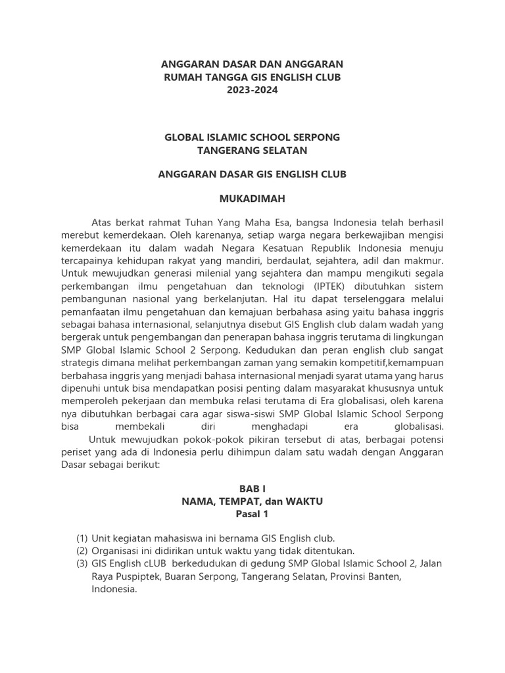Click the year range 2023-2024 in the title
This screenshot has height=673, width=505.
252,90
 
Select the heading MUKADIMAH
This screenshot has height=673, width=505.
252,198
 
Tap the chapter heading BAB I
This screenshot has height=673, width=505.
252,488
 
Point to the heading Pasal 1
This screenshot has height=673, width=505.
252,515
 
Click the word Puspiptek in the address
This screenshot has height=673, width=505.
137,576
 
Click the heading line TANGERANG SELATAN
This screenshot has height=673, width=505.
252,151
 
